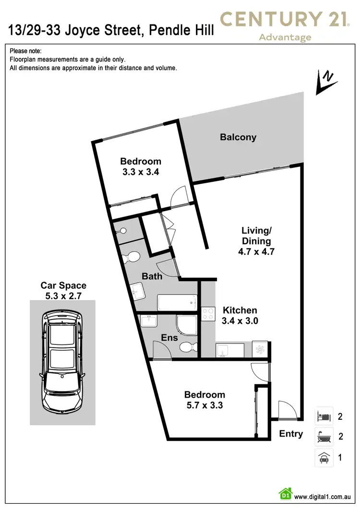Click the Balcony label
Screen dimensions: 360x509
pos(238,137)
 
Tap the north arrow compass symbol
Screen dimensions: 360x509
pos(326,83)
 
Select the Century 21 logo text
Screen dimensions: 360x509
pos(285,19)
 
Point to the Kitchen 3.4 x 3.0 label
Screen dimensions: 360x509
pos(240,316)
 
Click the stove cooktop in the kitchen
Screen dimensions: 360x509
pos(208,314)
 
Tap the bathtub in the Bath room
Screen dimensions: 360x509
pos(177,303)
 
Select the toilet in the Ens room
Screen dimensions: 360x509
pos(189,347)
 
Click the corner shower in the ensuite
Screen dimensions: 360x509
pos(187,325)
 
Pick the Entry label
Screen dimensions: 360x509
pos(291,434)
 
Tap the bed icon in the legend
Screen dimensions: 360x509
pos(324,416)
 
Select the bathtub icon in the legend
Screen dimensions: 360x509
pos(324,437)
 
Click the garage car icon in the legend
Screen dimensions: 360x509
pos(324,458)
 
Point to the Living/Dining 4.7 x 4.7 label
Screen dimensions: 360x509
pos(256,241)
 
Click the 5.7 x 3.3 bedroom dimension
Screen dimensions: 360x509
pos(204,405)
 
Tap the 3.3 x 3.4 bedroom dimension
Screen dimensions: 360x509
pos(141,172)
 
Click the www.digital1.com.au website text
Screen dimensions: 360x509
pos(322,497)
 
